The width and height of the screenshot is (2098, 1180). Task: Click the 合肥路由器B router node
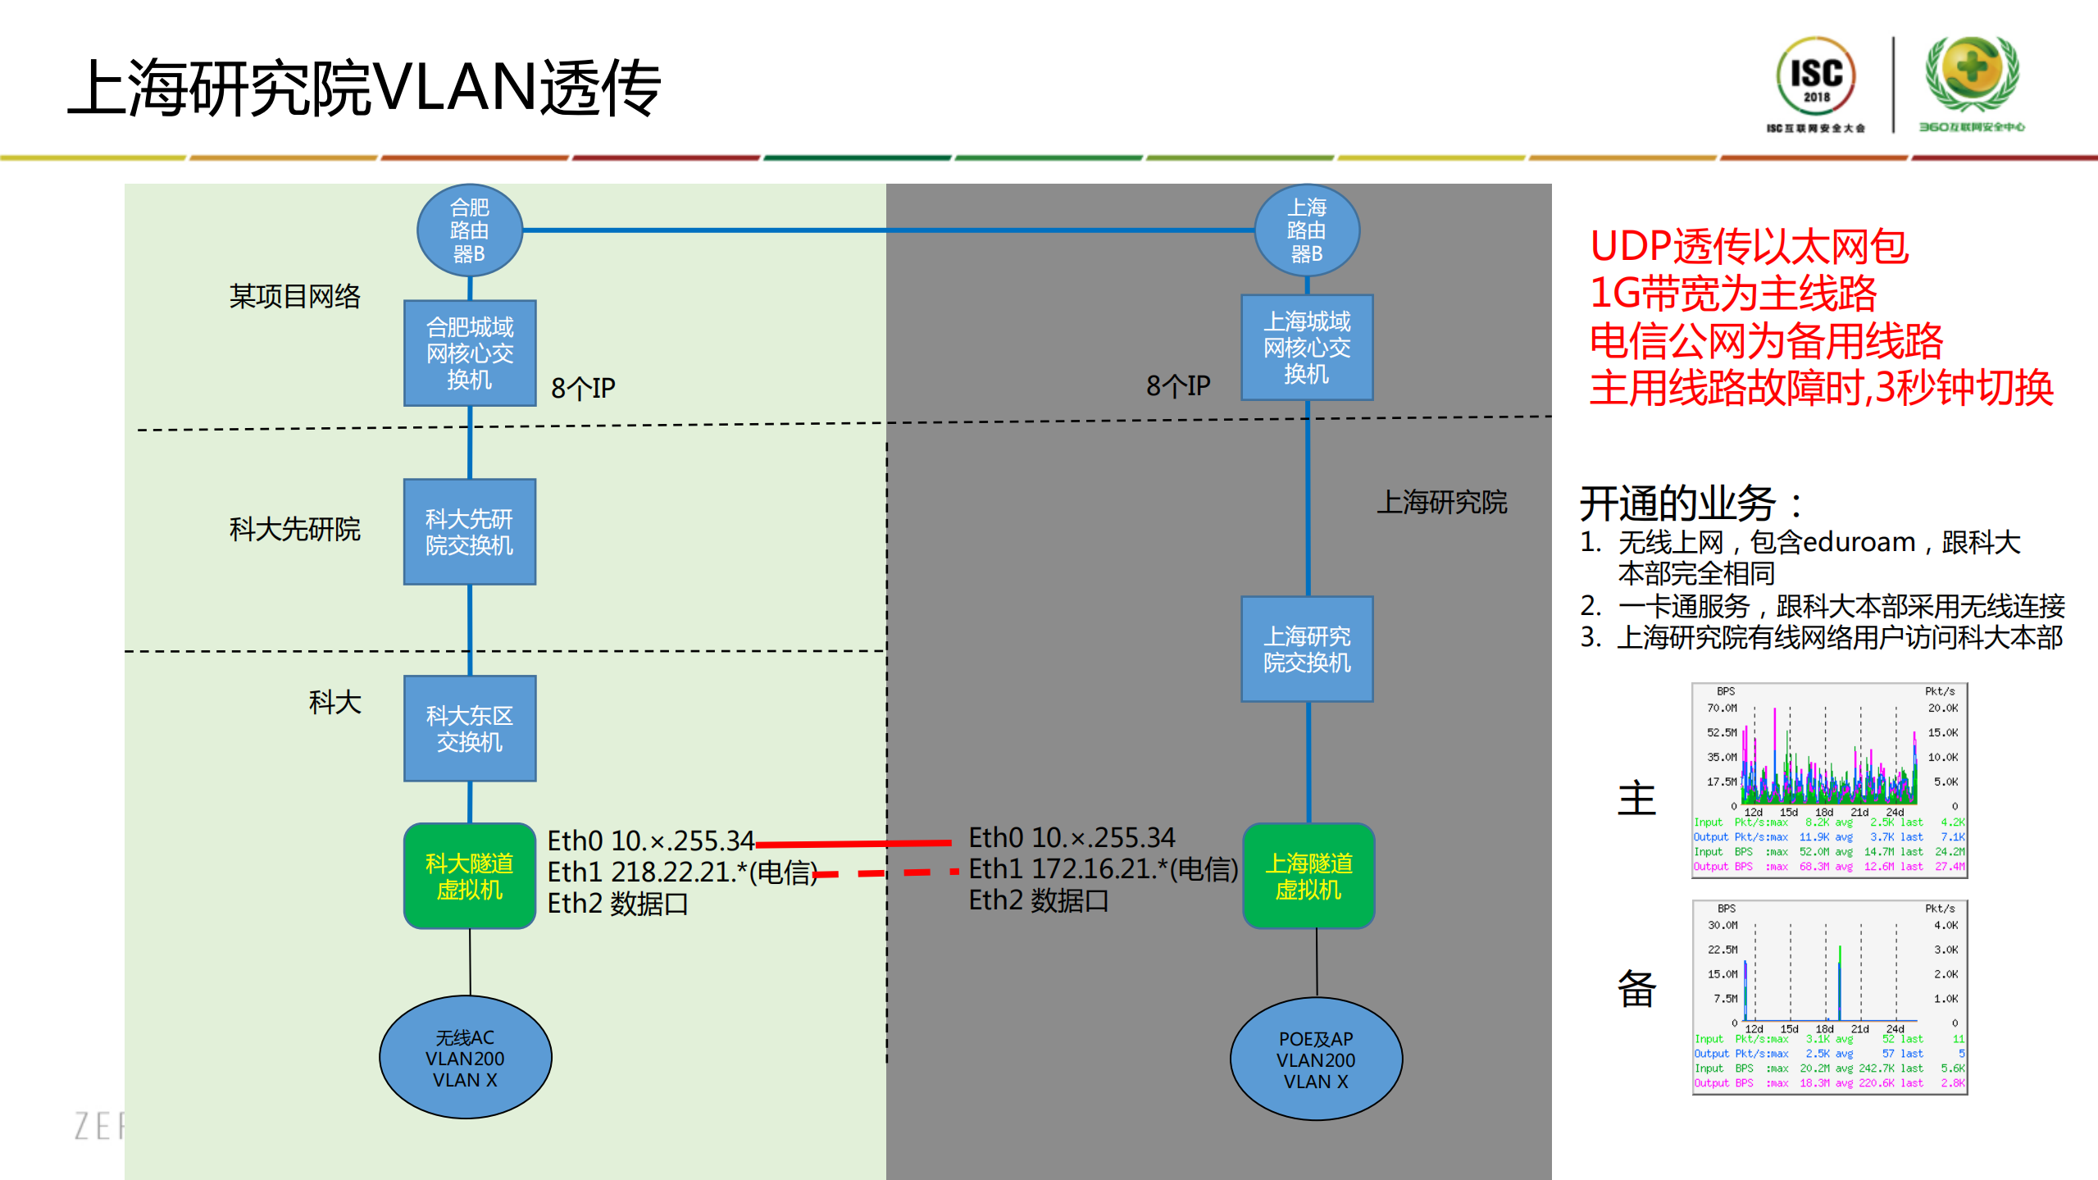coord(469,230)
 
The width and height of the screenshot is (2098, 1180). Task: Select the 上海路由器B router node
coord(1306,230)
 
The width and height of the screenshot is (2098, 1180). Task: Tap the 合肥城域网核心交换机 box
coord(469,353)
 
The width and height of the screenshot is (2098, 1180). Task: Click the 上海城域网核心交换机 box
coord(1306,347)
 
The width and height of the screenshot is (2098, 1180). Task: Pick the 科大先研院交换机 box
coord(469,531)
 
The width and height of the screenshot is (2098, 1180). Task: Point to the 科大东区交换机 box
coord(469,728)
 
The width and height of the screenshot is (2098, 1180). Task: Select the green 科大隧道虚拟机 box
coord(469,876)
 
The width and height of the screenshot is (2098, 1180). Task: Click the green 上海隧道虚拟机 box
coord(1308,876)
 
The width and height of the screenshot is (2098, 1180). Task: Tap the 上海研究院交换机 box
coord(1306,649)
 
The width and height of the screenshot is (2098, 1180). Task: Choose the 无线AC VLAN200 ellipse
coord(465,1058)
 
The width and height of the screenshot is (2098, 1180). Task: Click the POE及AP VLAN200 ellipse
coord(1315,1059)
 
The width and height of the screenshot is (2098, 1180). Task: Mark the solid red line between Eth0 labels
coord(853,843)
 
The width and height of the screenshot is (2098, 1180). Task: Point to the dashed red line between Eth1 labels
coord(885,873)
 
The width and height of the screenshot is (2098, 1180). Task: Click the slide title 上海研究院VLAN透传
coord(364,89)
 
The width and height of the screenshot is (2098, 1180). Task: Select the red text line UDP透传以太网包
coord(1748,246)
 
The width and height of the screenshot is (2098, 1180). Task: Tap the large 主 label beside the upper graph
coord(1636,798)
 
